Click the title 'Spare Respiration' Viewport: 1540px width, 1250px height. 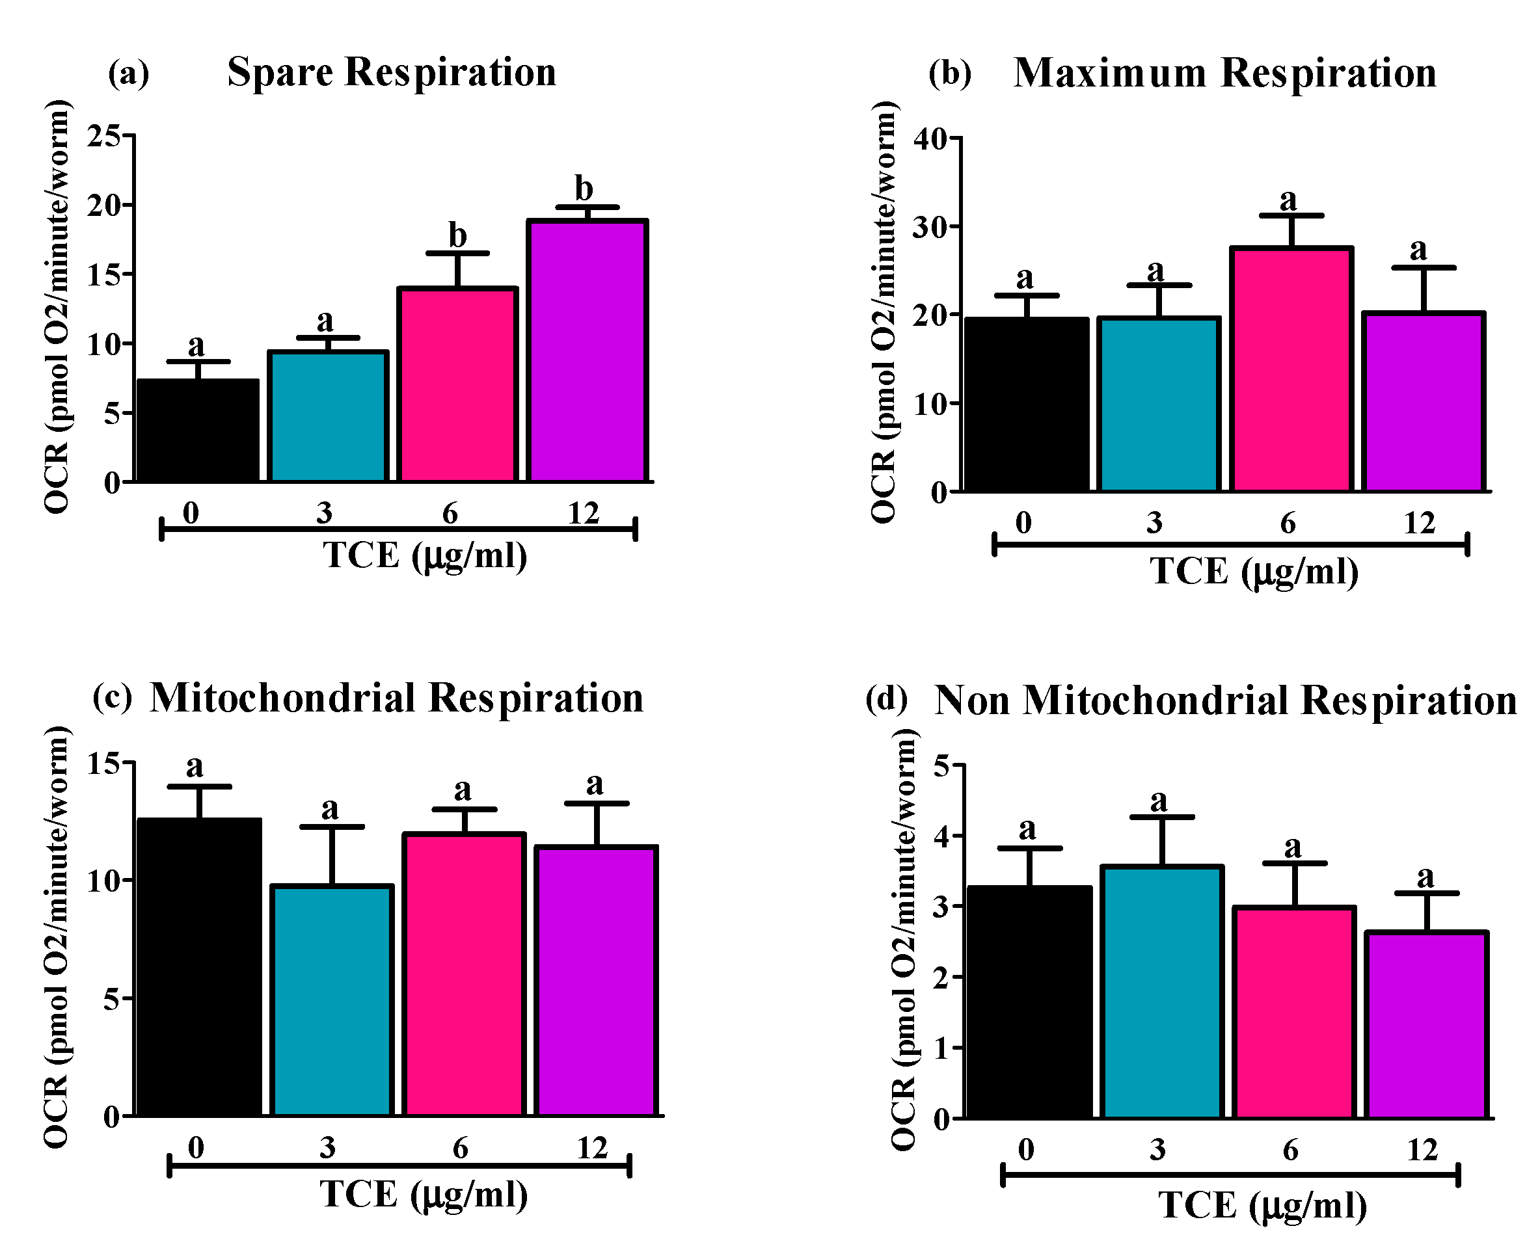392,72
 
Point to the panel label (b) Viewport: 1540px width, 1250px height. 949,73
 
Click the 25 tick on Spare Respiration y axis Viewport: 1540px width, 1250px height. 103,135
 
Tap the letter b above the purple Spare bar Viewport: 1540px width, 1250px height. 584,189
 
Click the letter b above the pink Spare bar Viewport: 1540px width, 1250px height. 457,235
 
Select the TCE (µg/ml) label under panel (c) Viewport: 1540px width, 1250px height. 424,1195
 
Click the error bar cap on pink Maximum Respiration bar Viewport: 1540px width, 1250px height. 1291,215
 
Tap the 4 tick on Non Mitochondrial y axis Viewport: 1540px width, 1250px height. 941,836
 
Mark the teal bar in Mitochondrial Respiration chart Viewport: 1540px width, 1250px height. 332,1000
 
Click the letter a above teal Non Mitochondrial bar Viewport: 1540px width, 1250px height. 1158,800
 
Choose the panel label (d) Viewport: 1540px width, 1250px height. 886,698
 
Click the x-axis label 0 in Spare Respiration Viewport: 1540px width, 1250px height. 190,513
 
